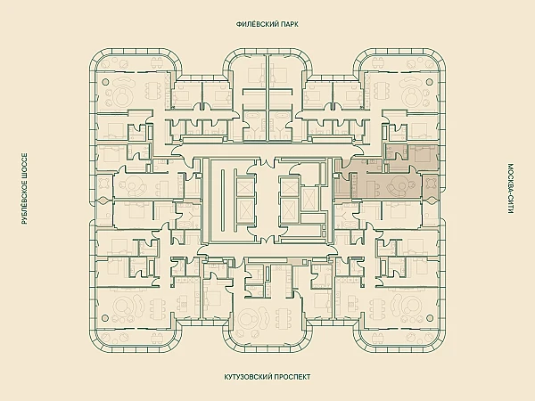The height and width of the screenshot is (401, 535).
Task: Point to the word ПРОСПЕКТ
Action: tap(294, 377)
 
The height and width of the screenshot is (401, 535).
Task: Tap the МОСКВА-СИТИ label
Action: tap(510, 189)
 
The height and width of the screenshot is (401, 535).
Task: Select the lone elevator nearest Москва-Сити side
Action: tap(309, 199)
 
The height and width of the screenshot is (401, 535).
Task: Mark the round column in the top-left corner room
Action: tap(105, 82)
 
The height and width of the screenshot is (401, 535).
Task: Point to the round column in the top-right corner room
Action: tap(429, 82)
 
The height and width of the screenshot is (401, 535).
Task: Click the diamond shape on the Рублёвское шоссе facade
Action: tap(102, 200)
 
